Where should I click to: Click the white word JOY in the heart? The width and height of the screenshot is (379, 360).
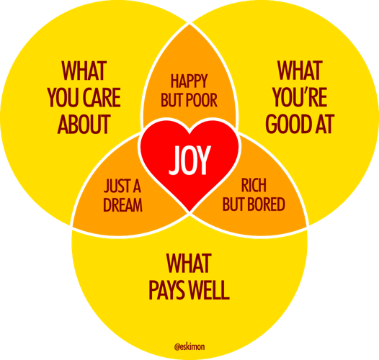(x=189, y=160)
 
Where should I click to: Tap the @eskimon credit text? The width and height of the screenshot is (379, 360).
(x=189, y=347)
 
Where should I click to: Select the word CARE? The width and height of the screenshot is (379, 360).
(x=102, y=97)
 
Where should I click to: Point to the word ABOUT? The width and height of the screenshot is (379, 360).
(x=84, y=124)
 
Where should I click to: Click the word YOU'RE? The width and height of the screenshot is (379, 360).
(x=300, y=97)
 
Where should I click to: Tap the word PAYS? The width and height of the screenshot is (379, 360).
(x=167, y=290)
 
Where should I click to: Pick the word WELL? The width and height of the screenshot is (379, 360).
(x=209, y=290)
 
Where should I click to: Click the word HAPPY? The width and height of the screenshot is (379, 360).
(x=189, y=81)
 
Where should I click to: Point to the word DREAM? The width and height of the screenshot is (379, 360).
(x=122, y=205)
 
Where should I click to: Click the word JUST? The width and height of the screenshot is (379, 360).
(x=115, y=186)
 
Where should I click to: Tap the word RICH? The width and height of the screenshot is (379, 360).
(x=254, y=185)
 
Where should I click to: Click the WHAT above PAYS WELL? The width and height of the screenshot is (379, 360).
(x=189, y=264)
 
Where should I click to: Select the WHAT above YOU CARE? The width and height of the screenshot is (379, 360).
(x=84, y=71)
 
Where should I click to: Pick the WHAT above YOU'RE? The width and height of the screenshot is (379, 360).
(x=300, y=71)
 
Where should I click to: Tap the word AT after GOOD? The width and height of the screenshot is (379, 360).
(x=325, y=124)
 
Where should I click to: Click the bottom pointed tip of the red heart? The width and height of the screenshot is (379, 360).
(x=189, y=212)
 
